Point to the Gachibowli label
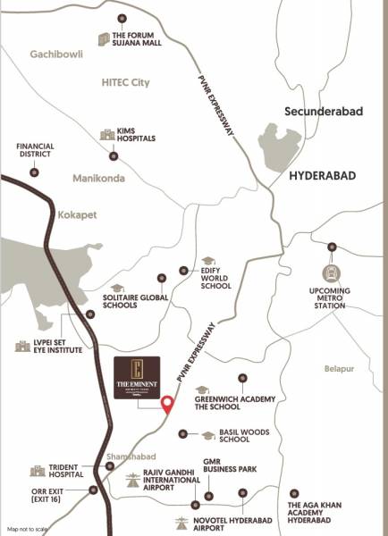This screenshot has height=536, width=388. tap(57, 54)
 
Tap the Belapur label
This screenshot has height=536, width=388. tap(340, 368)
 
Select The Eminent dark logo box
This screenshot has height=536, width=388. tap(136, 379)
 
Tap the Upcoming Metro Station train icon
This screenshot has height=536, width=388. tap(332, 272)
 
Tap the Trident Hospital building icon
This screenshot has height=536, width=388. tap(38, 471)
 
